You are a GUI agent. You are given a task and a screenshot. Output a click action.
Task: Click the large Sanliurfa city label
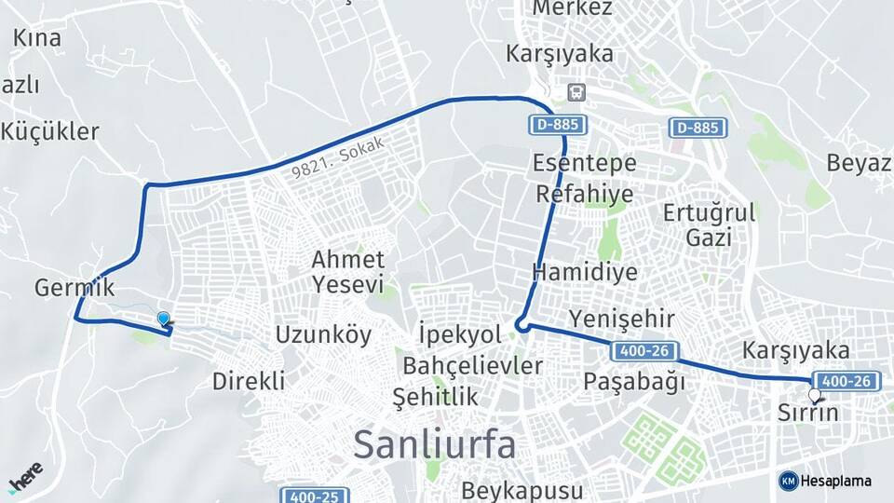pyautogui.click(x=434, y=444)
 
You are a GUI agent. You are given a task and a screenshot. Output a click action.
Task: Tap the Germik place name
pyautogui.click(x=74, y=288)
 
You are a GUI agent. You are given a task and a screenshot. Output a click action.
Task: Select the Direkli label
pyautogui.click(x=248, y=380)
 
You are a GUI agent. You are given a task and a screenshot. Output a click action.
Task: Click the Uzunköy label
pyautogui.click(x=323, y=334)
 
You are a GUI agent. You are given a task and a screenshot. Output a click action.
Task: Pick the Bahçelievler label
pyautogui.click(x=473, y=365)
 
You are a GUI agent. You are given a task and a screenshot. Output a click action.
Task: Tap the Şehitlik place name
pyautogui.click(x=436, y=397)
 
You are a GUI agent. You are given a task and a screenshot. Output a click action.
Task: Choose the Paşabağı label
pyautogui.click(x=634, y=381)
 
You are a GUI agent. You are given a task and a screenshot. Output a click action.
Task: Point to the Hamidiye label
pyautogui.click(x=585, y=272)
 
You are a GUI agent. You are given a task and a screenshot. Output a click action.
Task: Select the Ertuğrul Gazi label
pyautogui.click(x=708, y=224)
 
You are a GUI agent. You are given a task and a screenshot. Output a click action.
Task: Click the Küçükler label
pyautogui.click(x=49, y=131)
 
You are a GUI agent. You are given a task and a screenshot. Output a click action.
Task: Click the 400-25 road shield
pyautogui.click(x=309, y=496)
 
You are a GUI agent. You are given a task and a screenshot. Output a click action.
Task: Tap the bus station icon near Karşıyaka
pyautogui.click(x=577, y=91)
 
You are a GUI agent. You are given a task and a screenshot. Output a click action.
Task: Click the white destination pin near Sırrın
pyautogui.click(x=815, y=395)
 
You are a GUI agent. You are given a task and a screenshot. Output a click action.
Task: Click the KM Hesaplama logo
pyautogui.click(x=825, y=481)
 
